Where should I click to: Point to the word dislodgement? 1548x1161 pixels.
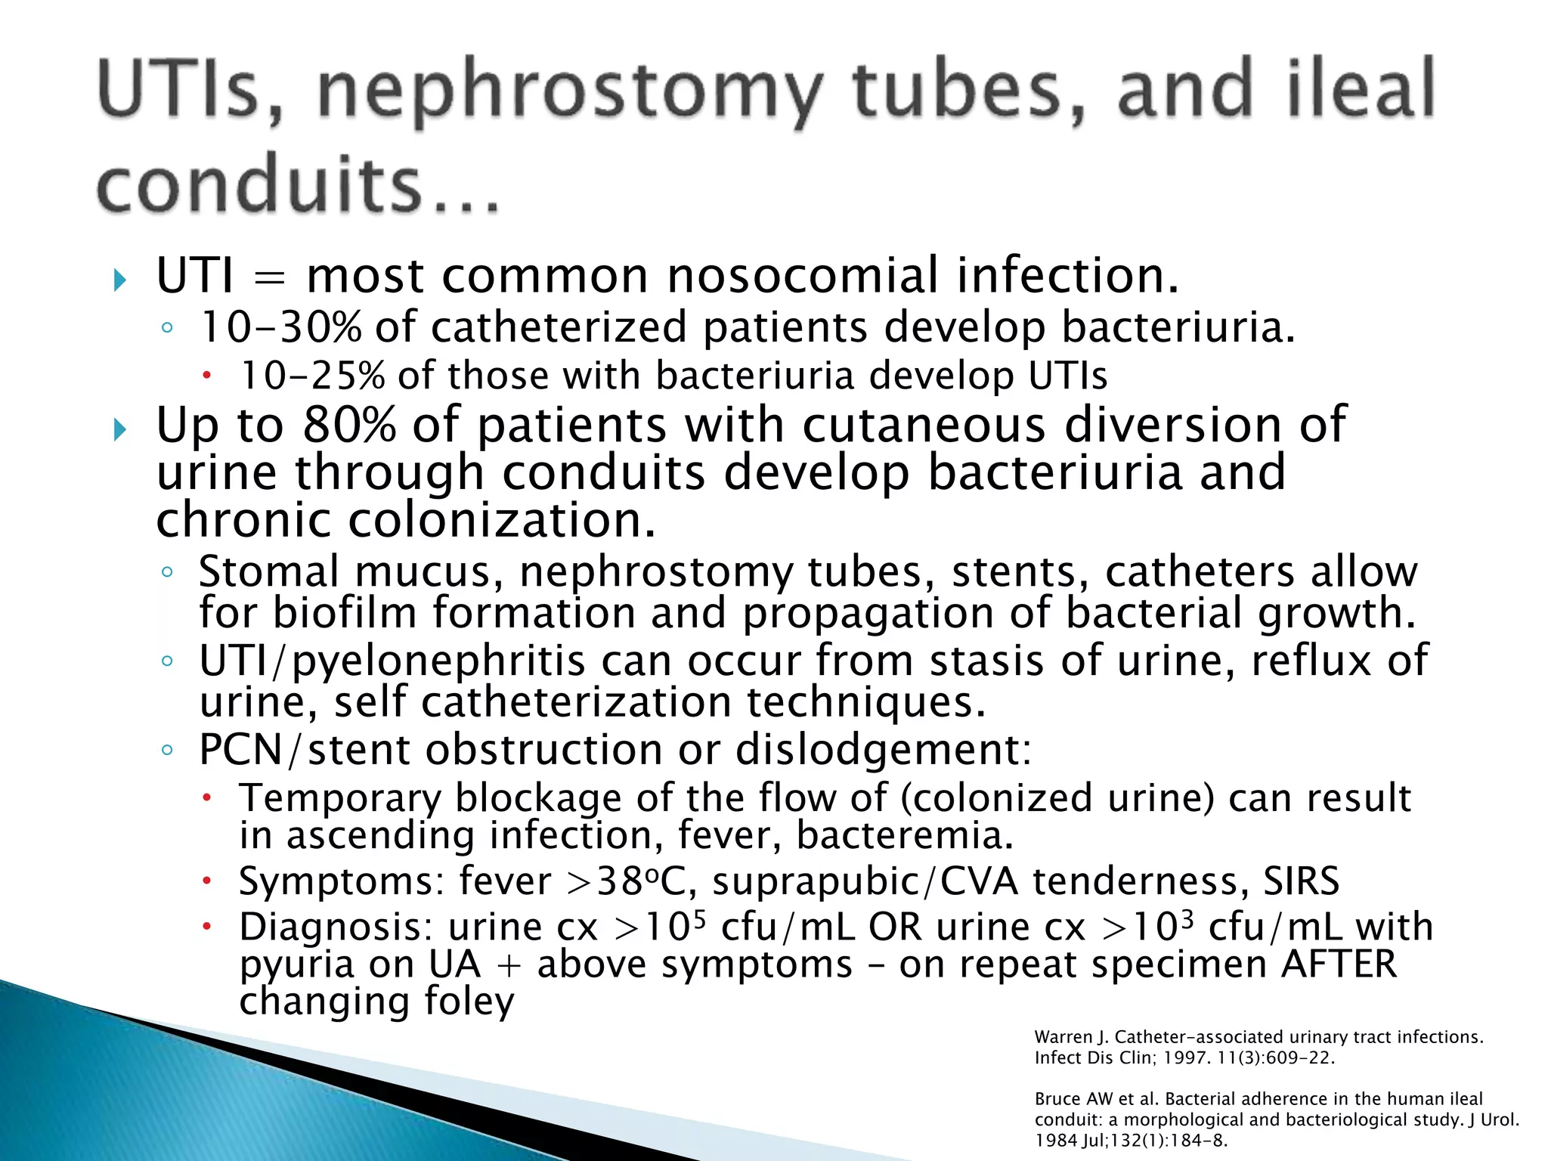pos(884,750)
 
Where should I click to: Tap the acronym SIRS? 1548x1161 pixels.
pos(1301,881)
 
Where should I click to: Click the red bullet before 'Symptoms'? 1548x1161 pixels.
pos(206,882)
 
